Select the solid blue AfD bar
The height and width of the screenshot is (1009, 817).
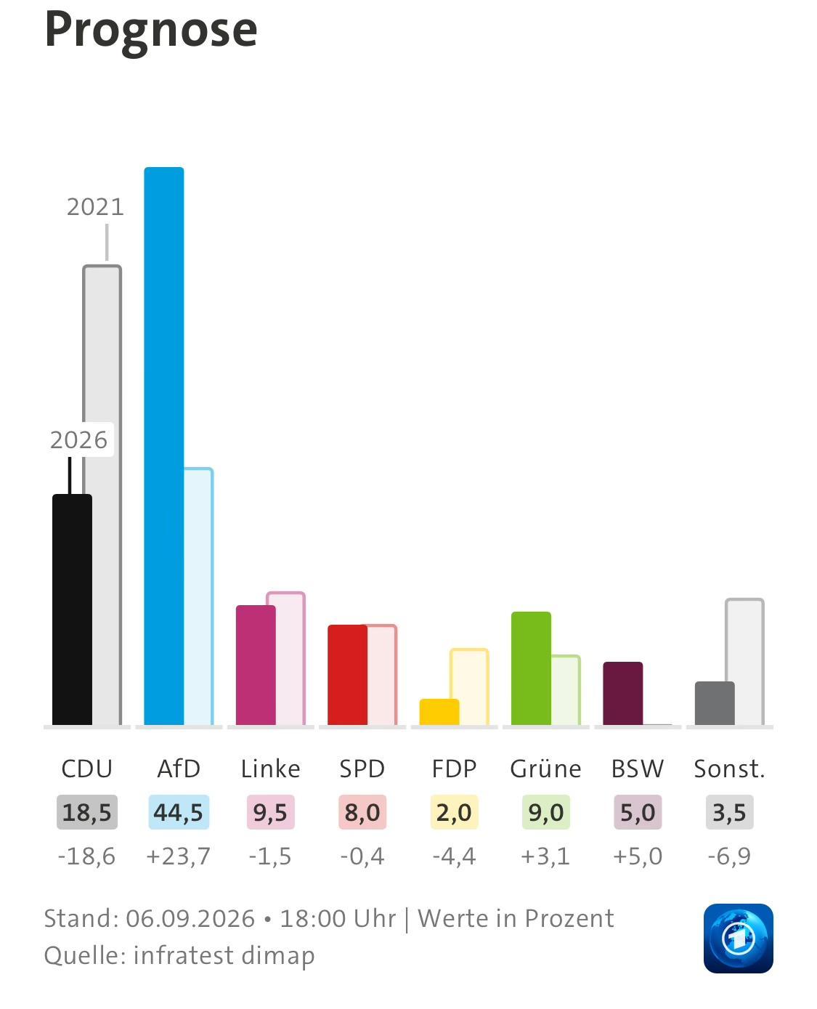coord(164,446)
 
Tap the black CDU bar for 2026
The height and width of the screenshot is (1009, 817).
coord(72,609)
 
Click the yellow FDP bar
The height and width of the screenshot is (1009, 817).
coord(439,711)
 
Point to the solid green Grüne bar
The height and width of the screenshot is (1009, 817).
coord(531,668)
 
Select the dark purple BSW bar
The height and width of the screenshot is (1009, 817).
coord(623,693)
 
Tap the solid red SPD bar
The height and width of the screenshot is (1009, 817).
coord(347,675)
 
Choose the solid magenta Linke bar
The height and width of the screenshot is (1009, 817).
coord(256,665)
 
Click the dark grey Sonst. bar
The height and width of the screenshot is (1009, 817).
coord(715,703)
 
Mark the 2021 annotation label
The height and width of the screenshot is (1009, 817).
coord(95,207)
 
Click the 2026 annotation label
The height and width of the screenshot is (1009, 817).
coord(79,440)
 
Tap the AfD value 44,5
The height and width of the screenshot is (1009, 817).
coord(179,812)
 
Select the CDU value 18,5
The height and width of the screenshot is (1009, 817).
coord(86,812)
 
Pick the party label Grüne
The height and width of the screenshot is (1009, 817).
coord(545,769)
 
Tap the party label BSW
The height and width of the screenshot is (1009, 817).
coord(638,769)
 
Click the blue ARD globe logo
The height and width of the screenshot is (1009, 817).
coord(739,938)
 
